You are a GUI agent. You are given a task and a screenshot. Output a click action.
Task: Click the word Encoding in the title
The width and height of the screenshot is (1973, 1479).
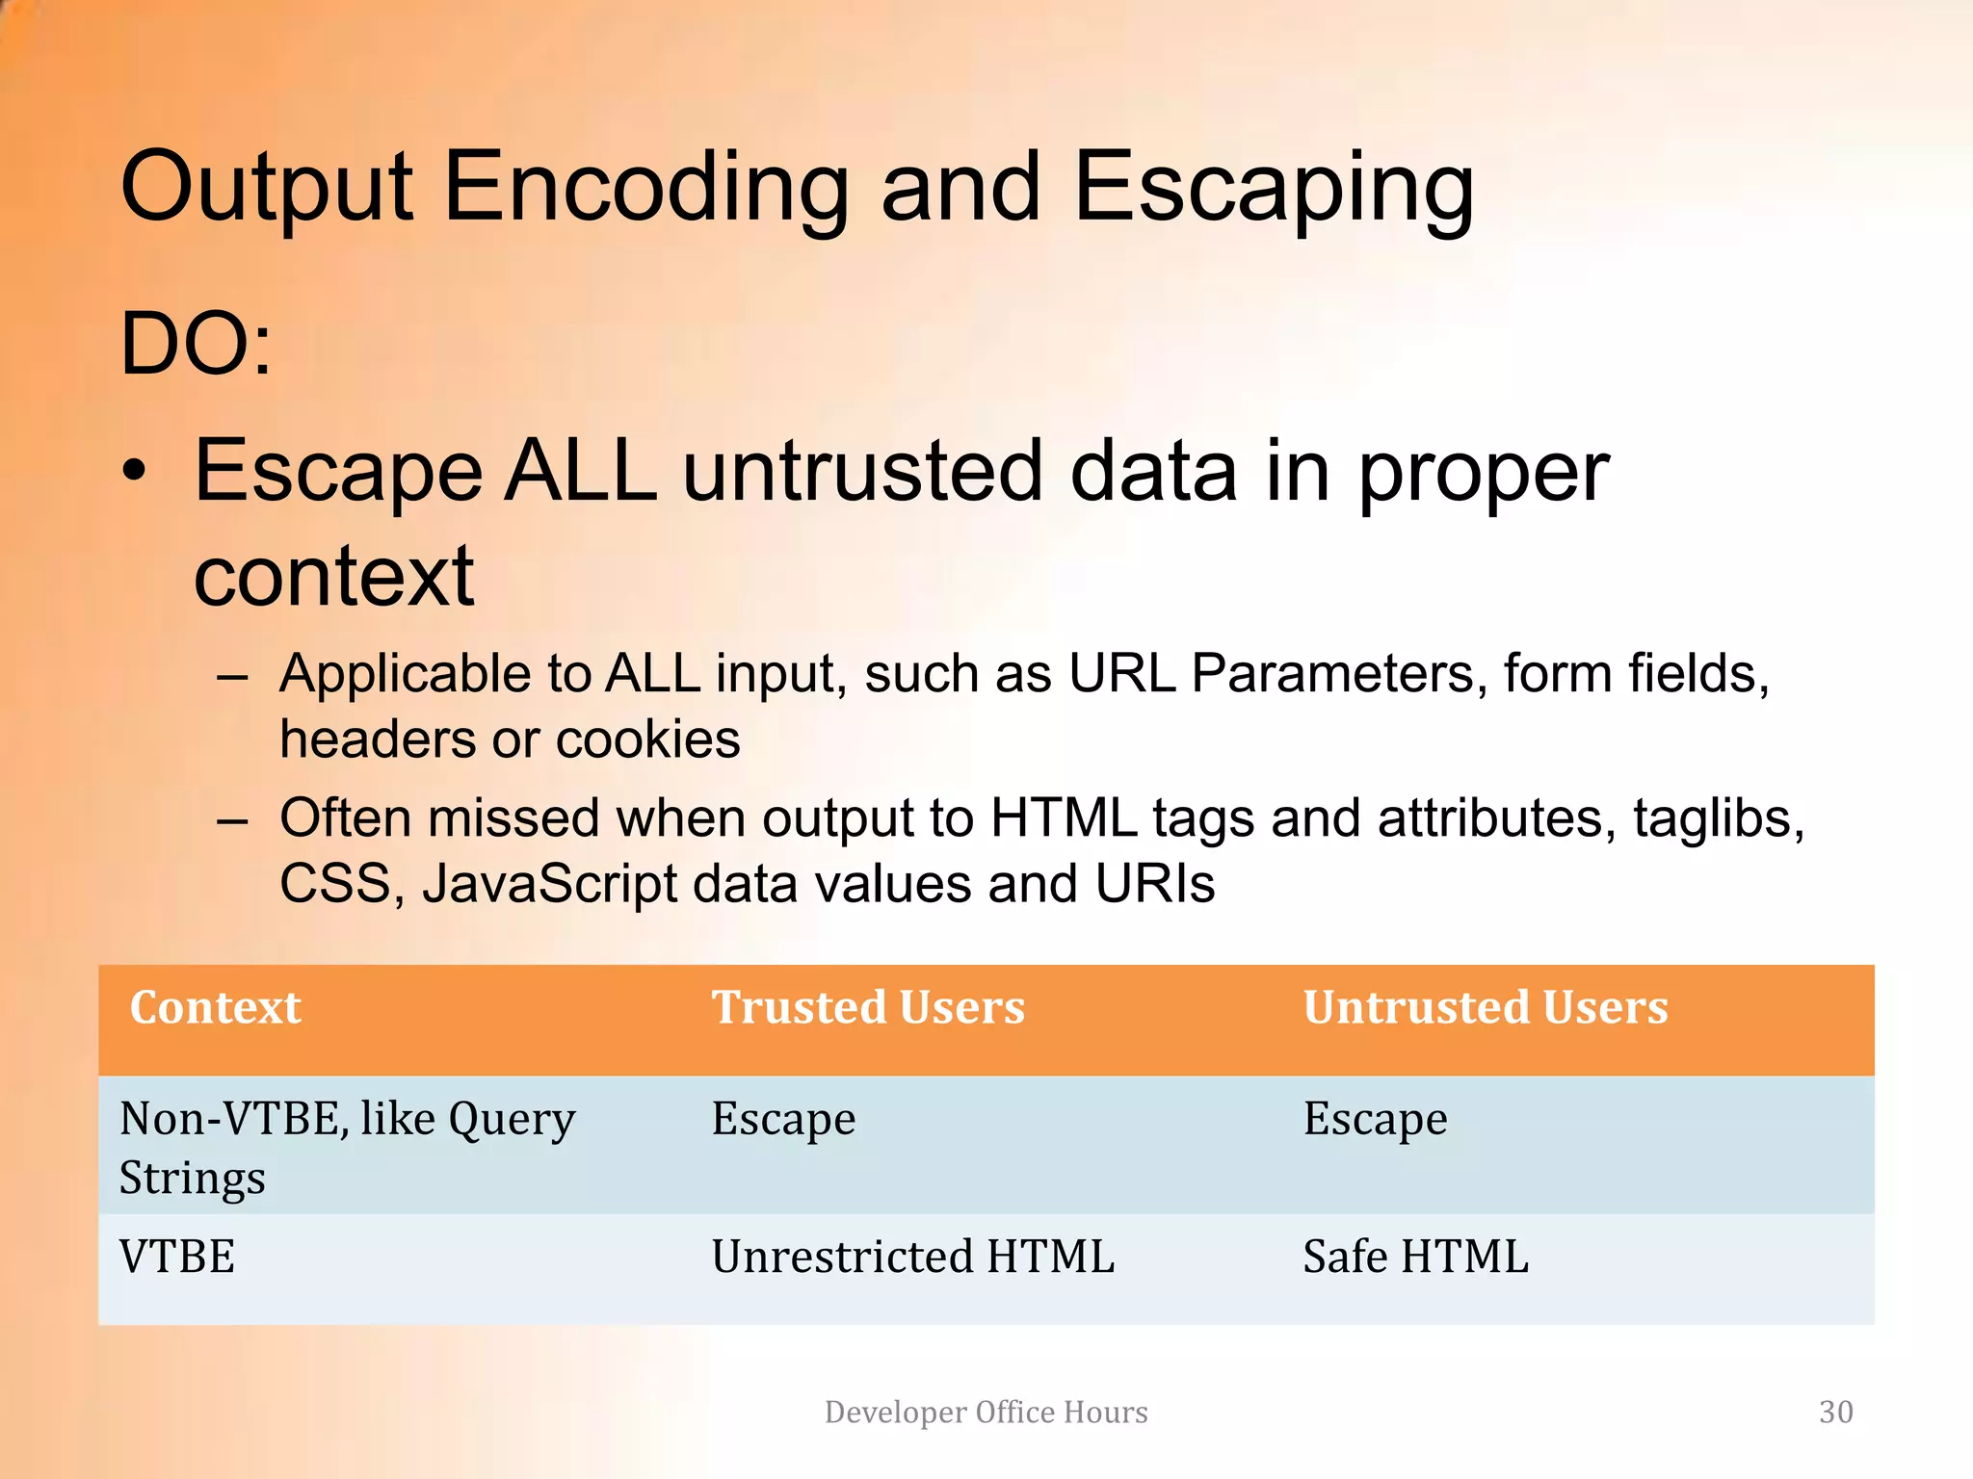645,188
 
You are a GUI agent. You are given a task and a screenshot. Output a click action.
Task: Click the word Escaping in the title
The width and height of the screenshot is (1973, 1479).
1273,188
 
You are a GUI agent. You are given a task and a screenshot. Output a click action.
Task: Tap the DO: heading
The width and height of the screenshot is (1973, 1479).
197,345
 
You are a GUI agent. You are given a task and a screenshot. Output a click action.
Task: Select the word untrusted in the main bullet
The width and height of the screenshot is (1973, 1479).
863,472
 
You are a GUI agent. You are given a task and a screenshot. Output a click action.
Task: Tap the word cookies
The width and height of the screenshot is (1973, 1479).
647,739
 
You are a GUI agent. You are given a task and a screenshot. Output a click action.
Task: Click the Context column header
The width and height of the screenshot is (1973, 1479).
216,1008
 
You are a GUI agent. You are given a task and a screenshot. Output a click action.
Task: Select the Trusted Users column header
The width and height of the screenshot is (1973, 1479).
868,1008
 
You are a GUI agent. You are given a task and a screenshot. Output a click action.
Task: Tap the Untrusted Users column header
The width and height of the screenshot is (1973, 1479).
1486,1008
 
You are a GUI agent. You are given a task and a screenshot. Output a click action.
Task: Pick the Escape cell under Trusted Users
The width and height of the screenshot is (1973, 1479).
783,1120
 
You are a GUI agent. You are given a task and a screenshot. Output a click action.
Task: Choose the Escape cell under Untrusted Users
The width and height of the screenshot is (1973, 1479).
1375,1120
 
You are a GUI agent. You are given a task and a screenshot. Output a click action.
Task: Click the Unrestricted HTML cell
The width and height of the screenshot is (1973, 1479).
912,1258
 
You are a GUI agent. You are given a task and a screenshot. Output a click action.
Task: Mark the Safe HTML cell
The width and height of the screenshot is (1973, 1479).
1415,1258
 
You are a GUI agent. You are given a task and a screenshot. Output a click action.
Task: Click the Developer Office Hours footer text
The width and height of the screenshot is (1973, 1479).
986,1413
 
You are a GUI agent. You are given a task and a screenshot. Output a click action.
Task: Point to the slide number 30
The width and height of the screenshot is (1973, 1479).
1835,1413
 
